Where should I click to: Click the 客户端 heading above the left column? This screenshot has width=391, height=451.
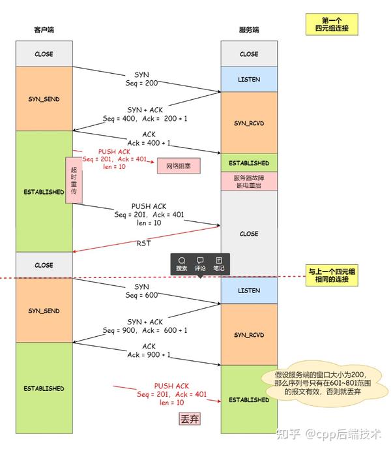tap(44, 30)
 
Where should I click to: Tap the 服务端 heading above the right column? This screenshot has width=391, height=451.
tap(248, 30)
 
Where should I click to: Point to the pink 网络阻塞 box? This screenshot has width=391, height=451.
tap(178, 164)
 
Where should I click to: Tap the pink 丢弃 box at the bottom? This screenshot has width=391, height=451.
tap(189, 418)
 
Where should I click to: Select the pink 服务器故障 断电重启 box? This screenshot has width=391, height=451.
tap(249, 181)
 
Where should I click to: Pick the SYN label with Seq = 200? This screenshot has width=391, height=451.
tap(141, 79)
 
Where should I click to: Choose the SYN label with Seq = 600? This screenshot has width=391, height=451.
tap(141, 290)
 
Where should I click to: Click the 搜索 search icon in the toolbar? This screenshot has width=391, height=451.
tap(182, 264)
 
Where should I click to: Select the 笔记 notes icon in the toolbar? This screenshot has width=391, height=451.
tap(218, 264)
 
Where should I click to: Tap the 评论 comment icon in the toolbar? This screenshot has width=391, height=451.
tap(200, 264)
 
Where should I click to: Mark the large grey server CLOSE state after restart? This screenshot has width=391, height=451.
tap(249, 234)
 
